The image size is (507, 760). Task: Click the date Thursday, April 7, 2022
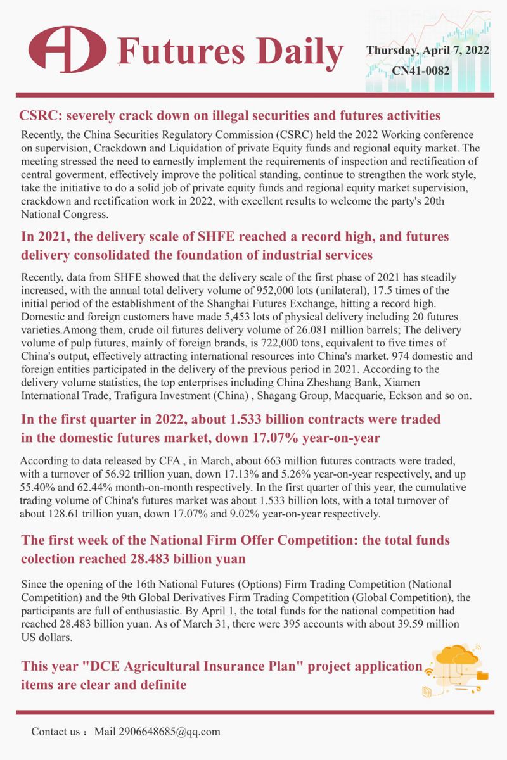tap(428, 51)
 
